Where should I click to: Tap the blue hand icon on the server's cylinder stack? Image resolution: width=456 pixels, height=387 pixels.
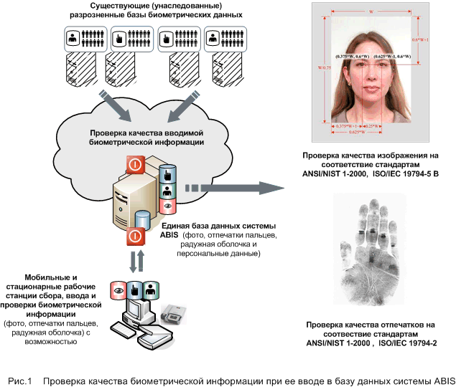167,174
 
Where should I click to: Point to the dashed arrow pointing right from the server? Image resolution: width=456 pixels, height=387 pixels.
230,189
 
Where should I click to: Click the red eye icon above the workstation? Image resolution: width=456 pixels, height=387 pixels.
116,290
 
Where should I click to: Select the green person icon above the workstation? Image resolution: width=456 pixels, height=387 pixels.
150,290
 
